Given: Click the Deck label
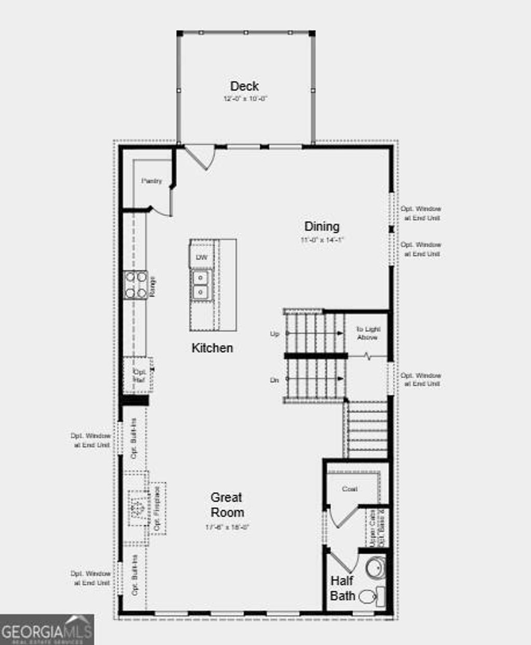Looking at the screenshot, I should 244,86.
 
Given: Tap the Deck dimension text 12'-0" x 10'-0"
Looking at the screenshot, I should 245,98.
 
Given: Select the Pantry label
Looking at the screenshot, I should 151,181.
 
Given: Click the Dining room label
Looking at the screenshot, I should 322,226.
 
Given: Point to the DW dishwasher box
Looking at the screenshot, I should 201,257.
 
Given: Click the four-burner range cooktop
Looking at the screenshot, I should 135,285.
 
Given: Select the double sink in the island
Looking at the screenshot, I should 201,285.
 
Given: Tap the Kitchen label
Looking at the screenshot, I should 212,348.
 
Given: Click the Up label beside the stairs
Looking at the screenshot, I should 274,334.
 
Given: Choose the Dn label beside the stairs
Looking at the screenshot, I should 274,380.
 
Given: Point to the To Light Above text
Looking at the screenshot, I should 368,333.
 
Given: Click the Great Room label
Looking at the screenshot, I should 227,505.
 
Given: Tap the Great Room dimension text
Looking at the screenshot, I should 228,527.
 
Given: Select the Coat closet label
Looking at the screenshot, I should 350,489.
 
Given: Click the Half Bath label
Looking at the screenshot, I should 343,588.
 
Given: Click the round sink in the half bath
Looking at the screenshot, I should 375,568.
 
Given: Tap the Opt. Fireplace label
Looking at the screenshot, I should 156,508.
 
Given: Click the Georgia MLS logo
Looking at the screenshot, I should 47,629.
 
